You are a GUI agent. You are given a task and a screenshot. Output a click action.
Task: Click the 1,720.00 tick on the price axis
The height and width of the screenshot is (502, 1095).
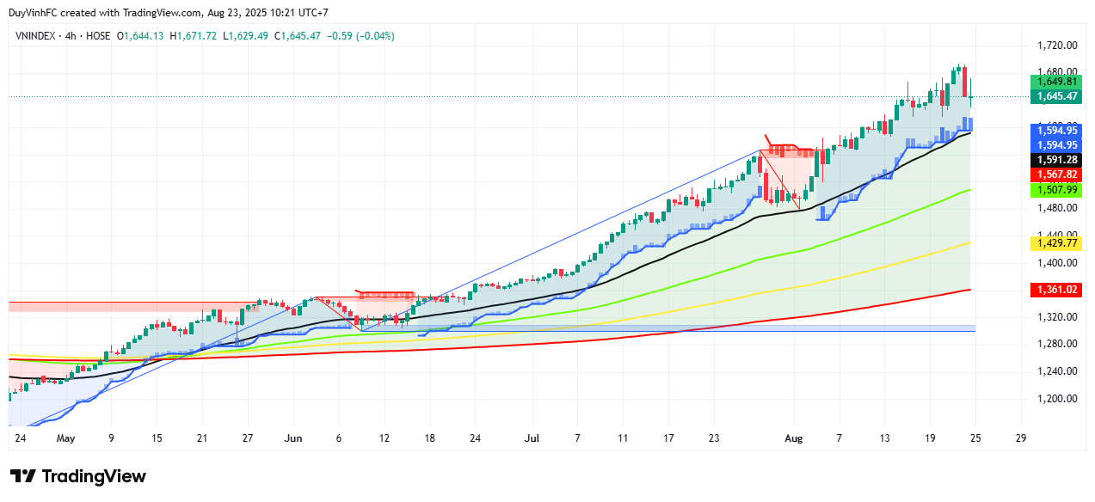(1056, 45)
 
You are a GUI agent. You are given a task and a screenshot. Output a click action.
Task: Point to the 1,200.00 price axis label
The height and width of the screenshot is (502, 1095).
(1056, 399)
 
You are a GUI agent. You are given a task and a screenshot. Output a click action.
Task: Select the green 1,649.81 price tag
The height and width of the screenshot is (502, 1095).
(1057, 82)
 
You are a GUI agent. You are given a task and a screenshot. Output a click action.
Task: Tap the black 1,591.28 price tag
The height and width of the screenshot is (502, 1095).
(1057, 159)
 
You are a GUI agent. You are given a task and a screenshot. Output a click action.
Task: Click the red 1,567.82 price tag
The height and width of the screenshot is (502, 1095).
(1057, 174)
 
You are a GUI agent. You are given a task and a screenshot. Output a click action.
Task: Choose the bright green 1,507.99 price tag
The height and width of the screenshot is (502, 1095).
(1057, 189)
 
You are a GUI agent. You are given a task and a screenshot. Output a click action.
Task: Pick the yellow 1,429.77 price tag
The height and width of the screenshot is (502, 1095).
(1057, 244)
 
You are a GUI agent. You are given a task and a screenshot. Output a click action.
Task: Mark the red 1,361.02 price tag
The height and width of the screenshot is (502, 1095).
(1057, 291)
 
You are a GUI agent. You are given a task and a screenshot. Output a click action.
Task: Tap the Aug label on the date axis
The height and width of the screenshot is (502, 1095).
(794, 438)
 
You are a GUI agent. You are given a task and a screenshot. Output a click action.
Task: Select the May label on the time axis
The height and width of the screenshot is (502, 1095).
(66, 438)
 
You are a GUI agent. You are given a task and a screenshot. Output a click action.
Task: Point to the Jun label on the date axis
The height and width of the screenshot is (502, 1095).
(294, 438)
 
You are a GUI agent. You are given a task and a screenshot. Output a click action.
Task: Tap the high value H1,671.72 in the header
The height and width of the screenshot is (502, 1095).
(194, 36)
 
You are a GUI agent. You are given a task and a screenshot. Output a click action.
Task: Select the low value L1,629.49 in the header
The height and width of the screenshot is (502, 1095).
(246, 36)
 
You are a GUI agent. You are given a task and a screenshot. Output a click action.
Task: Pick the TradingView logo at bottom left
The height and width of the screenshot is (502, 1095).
(78, 476)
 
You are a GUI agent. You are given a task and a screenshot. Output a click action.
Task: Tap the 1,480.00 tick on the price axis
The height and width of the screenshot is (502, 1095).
(1056, 208)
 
